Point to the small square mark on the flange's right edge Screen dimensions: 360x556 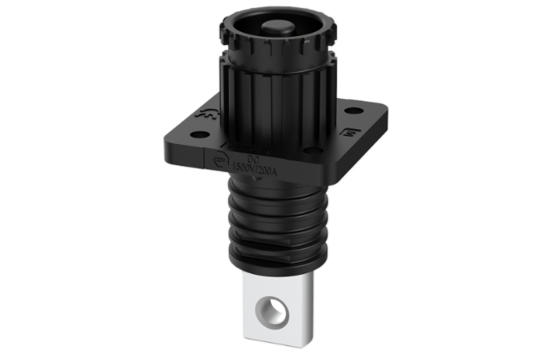(x=347, y=130)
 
